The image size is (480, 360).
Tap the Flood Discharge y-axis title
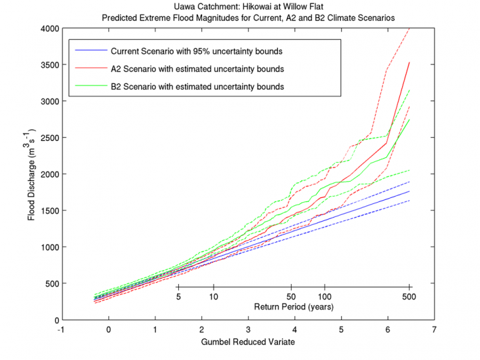tap(33, 174)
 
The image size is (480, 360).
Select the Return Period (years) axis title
tap(293, 307)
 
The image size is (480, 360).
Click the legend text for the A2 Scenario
tap(196, 68)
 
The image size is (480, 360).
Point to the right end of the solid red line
tap(409, 62)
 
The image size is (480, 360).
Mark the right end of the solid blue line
tap(409, 191)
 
